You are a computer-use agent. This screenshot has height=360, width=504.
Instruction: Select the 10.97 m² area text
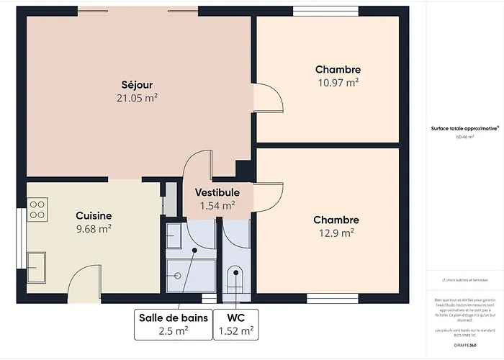pos(338,83)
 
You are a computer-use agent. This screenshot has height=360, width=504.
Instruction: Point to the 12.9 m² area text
pos(336,233)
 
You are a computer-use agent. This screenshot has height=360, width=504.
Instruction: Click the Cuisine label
pos(94,215)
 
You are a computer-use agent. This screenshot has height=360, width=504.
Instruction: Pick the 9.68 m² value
pos(94,229)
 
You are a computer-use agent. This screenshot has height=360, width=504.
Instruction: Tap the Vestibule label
pos(217,192)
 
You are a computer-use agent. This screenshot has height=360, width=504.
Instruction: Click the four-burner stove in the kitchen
pos(37,210)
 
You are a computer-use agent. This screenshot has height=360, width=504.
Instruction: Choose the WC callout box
pos(236,323)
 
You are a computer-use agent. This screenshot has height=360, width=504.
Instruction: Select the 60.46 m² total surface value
pos(464,136)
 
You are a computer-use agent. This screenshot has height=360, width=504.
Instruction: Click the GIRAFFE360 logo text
pos(464,345)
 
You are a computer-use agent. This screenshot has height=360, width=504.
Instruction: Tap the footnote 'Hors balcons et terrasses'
pos(464,279)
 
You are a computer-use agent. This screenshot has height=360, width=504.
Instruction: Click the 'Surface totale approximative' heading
pos(464,127)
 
